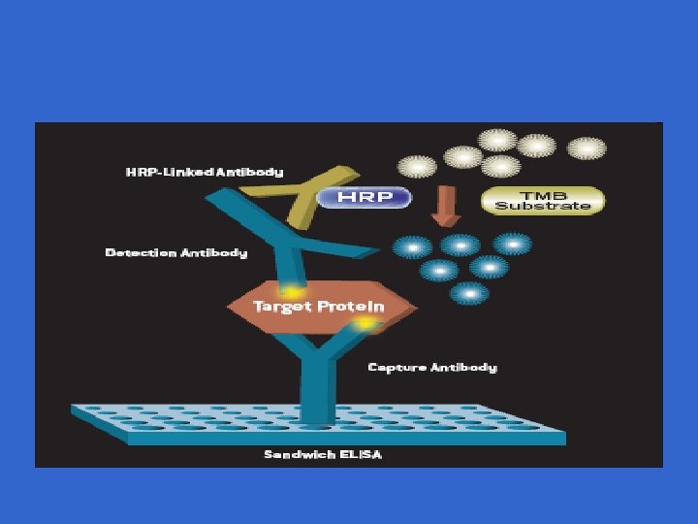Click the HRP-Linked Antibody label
pos(205,172)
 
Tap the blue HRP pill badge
pos(362,197)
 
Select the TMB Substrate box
pos(543,201)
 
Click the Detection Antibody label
pos(175,253)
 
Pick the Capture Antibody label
pos(432,367)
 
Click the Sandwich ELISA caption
pos(323,454)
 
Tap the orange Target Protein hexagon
pos(320,307)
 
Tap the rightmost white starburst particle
pos(587,148)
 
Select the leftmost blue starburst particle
pos(412,248)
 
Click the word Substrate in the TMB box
pos(543,206)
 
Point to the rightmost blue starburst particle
pos(511,244)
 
